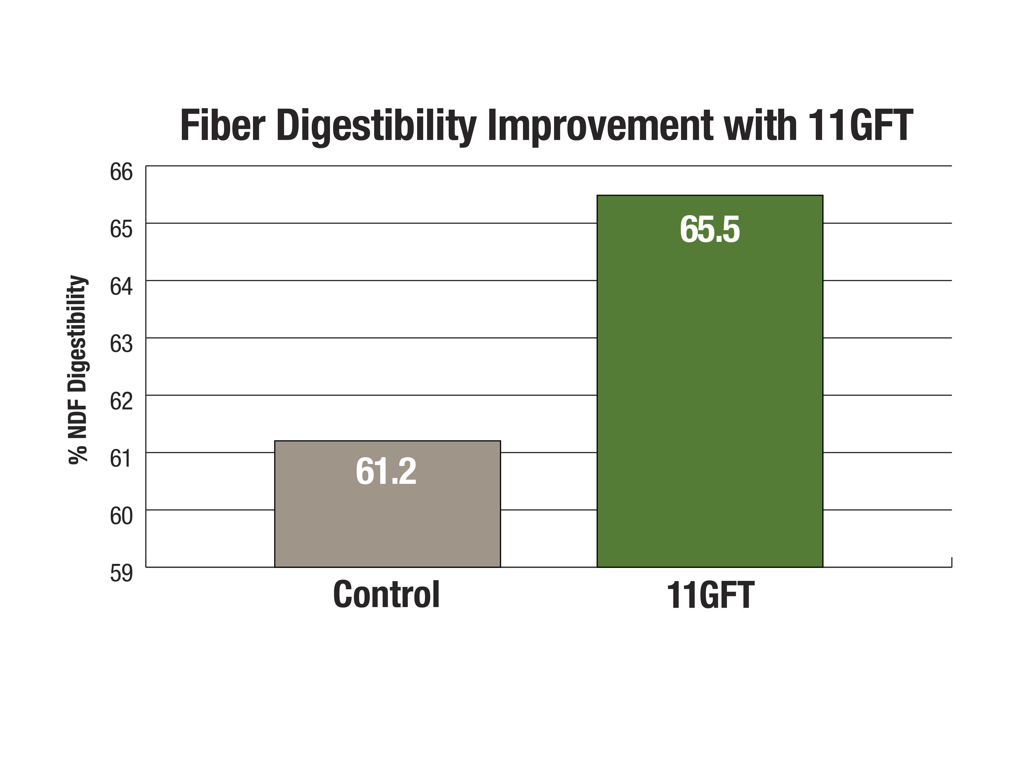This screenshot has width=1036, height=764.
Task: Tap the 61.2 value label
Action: coord(386,471)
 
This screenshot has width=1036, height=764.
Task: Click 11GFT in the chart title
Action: coord(860,125)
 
